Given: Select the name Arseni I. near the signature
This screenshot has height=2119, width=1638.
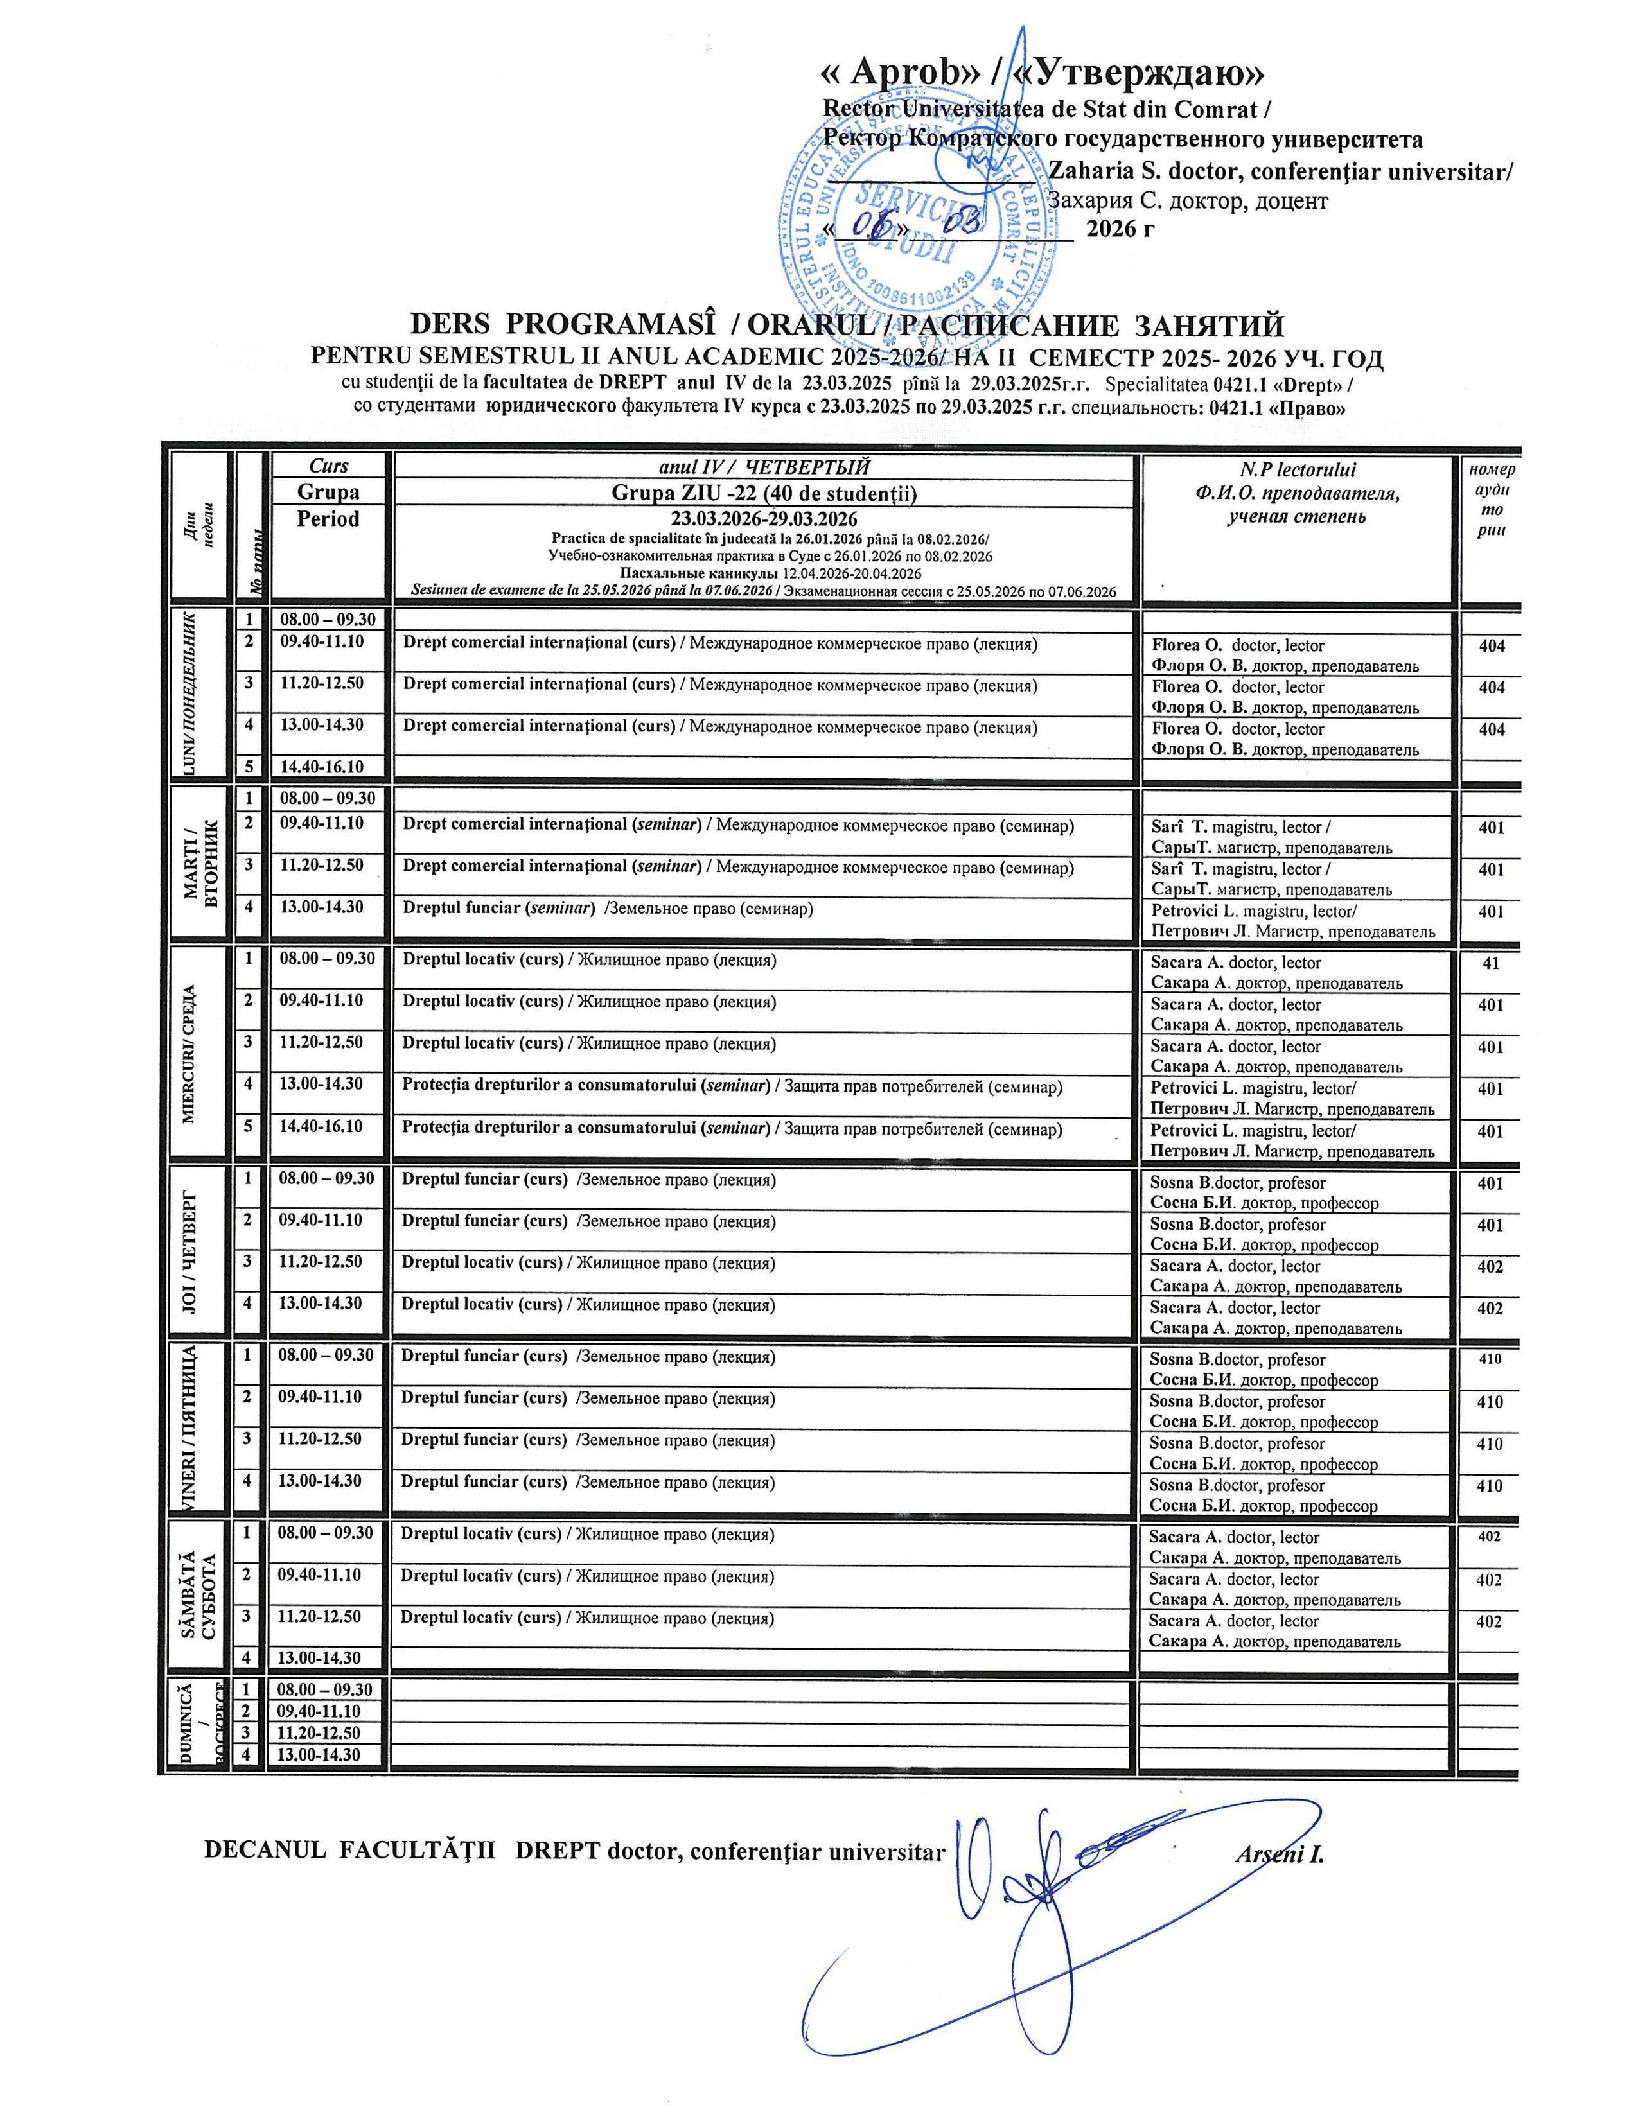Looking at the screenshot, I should [1279, 1854].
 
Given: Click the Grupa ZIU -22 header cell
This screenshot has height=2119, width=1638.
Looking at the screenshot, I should [764, 494].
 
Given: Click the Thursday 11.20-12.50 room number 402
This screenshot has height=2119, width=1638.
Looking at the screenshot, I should [1490, 1267].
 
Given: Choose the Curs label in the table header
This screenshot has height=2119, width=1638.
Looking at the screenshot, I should [328, 466].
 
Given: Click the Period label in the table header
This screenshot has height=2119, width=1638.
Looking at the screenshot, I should [328, 519].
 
